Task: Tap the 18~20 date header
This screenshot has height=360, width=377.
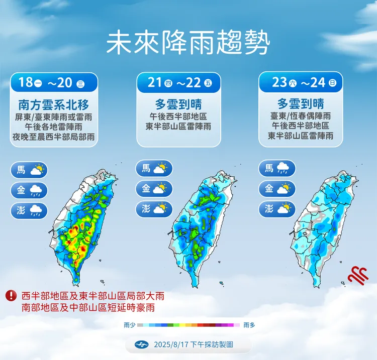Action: tap(54, 82)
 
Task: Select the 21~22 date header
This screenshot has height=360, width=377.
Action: tap(178, 82)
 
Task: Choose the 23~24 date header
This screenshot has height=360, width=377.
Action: tap(301, 82)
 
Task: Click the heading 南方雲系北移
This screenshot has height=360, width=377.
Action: tap(54, 104)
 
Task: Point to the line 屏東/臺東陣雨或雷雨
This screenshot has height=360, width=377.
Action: tap(54, 116)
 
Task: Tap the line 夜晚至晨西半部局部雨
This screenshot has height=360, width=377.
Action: tap(54, 137)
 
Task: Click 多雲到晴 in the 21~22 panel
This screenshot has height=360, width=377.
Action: tap(178, 104)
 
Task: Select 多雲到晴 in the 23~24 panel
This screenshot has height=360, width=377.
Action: tap(301, 104)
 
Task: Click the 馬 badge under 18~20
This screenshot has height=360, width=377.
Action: tap(29, 170)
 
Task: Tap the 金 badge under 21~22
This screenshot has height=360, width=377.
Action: tap(154, 189)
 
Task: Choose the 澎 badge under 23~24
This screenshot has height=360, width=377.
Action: tap(277, 209)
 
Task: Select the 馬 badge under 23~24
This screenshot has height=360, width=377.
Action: tap(277, 168)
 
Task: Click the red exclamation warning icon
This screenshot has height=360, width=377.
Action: tap(11, 296)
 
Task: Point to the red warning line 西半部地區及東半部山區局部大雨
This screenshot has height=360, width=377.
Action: tap(92, 296)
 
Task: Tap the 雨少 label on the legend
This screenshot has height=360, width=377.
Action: tap(129, 325)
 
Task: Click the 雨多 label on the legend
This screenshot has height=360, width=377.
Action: tap(249, 325)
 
